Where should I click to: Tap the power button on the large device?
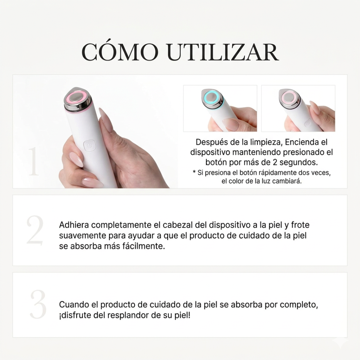(x=90, y=146)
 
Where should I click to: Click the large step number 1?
(x=34, y=161)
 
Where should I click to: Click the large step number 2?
(x=35, y=230)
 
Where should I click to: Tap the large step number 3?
(x=38, y=304)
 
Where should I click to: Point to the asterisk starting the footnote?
(x=194, y=172)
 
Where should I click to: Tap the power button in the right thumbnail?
(x=308, y=123)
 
